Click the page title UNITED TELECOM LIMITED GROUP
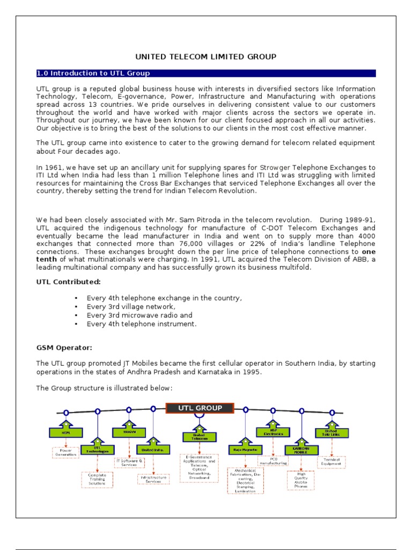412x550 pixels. (205, 56)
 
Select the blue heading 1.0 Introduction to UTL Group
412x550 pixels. (93, 73)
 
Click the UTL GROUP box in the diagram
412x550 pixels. (200, 408)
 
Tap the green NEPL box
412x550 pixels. (66, 431)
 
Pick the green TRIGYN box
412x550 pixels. (128, 431)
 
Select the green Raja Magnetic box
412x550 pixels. (245, 448)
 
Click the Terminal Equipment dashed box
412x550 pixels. (331, 462)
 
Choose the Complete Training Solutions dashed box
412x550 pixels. (97, 479)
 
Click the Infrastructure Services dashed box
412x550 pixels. (153, 479)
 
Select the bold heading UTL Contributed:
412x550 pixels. (68, 281)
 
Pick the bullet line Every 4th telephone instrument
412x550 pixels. (142, 324)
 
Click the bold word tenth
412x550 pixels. (46, 259)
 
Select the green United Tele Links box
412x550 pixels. (331, 432)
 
